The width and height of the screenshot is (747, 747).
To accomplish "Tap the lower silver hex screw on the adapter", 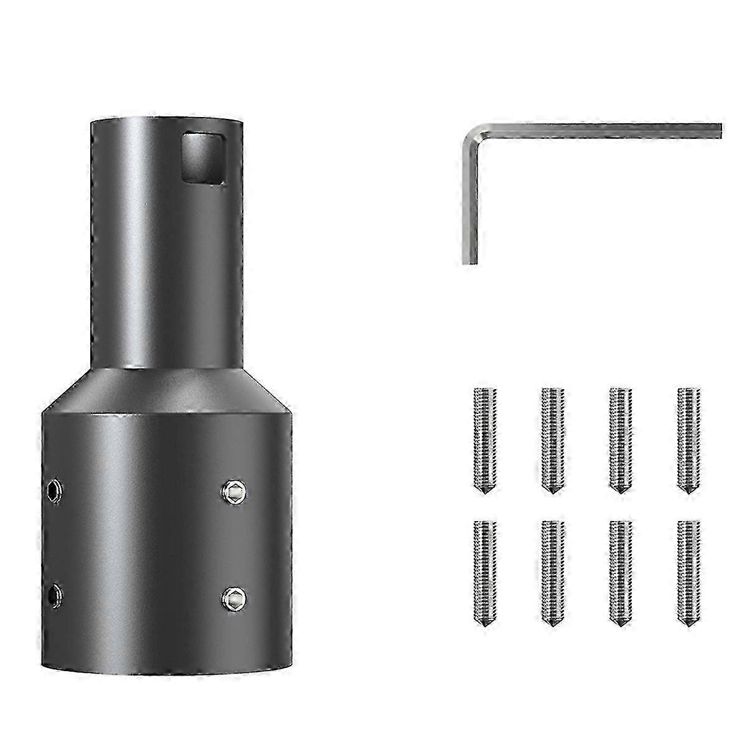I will coord(234,598).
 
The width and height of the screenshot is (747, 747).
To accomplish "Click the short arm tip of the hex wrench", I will coord(471,260).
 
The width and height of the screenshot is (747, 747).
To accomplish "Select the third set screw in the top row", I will coord(618,439).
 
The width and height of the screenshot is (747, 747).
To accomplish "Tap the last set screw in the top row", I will coord(686,439).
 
